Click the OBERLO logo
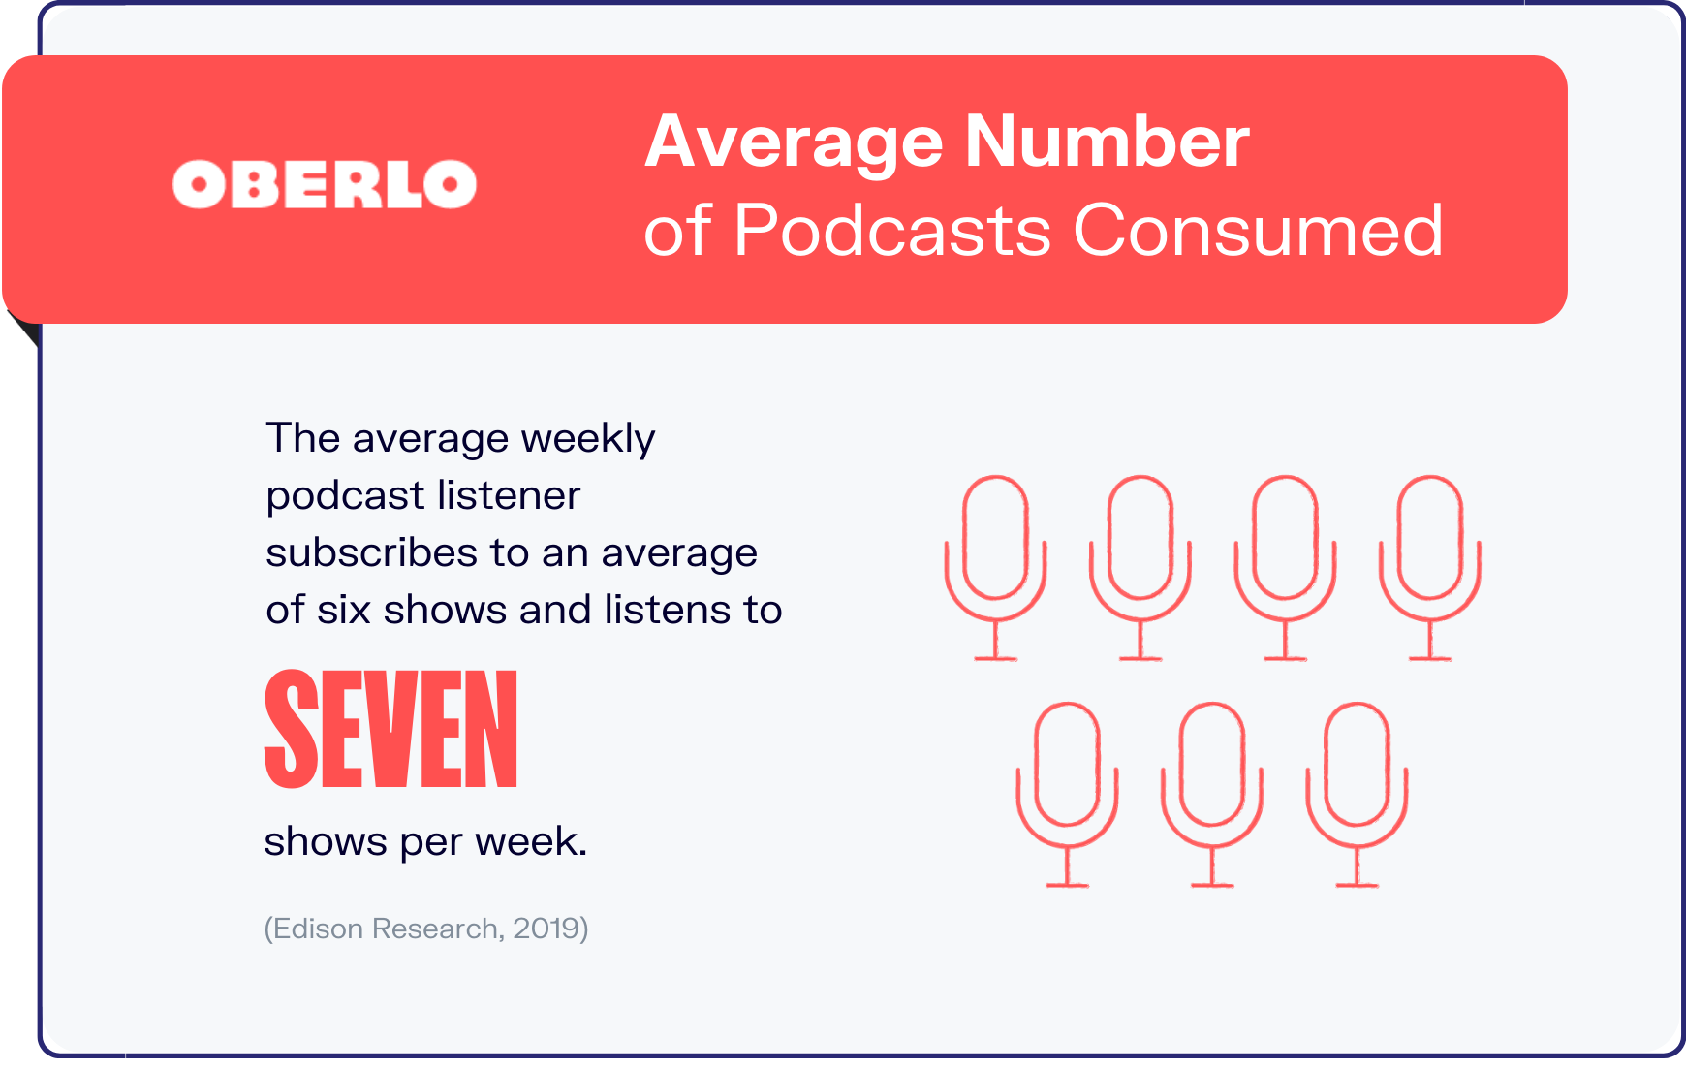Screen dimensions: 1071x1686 click(x=325, y=184)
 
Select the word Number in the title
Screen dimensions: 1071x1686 click(x=1107, y=142)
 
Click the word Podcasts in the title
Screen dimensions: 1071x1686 click(x=892, y=231)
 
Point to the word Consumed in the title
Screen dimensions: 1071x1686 click(x=1259, y=231)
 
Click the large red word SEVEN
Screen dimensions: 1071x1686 click(x=391, y=729)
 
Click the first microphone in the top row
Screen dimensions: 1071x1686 click(x=995, y=567)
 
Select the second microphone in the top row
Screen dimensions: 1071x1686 click(x=1140, y=567)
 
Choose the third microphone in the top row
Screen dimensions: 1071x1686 click(x=1285, y=567)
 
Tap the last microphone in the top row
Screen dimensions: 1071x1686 click(x=1430, y=567)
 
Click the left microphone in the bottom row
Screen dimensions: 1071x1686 click(x=1067, y=793)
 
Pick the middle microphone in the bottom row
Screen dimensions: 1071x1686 click(x=1212, y=793)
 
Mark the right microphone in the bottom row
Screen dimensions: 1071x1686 click(x=1357, y=793)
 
